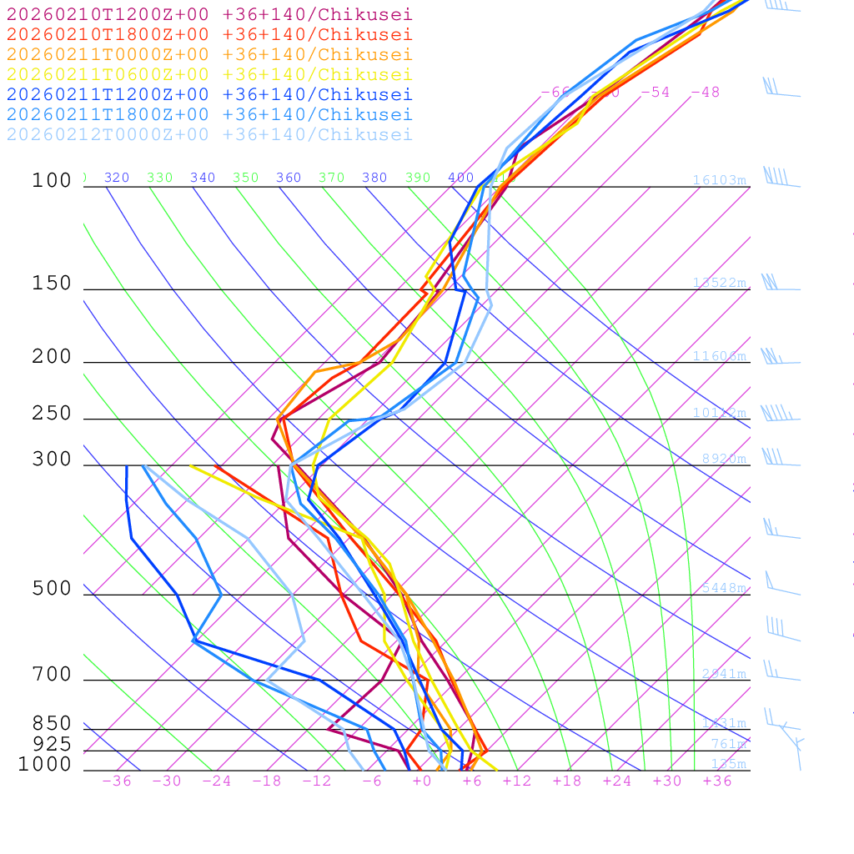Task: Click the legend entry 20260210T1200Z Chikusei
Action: pyautogui.click(x=209, y=14)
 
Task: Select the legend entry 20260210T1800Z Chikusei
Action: pyautogui.click(x=209, y=34)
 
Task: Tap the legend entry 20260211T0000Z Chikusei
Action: pyautogui.click(x=209, y=54)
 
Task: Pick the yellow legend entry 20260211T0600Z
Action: pyautogui.click(x=209, y=74)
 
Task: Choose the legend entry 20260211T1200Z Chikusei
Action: pyautogui.click(x=209, y=94)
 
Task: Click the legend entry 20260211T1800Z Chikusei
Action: pyautogui.click(x=209, y=114)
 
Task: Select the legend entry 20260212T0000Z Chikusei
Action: pyautogui.click(x=209, y=134)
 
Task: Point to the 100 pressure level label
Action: pyautogui.click(x=52, y=180)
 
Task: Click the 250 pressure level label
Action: pyautogui.click(x=52, y=414)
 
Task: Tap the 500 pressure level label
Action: pyautogui.click(x=52, y=589)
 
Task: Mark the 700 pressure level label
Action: pyautogui.click(x=52, y=675)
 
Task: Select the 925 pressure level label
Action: pyautogui.click(x=52, y=744)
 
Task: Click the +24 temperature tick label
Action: pyautogui.click(x=617, y=781)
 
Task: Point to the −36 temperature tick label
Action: pyautogui.click(x=117, y=781)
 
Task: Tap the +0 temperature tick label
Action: pyautogui.click(x=421, y=781)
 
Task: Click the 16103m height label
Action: pyautogui.click(x=719, y=180)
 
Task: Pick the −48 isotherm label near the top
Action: pyautogui.click(x=705, y=92)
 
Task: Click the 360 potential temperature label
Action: pyautogui.click(x=289, y=178)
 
